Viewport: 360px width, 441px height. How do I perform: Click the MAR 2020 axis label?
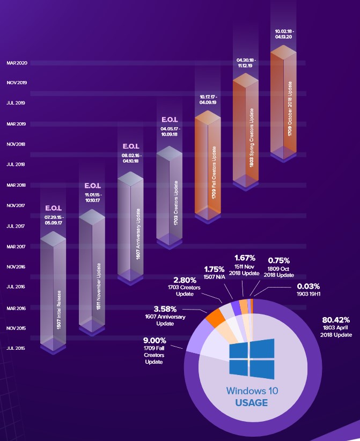point(17,63)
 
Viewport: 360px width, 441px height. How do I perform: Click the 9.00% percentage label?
point(153,340)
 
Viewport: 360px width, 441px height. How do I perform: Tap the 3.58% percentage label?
point(165,309)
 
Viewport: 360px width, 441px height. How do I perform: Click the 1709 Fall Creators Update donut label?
point(153,355)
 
